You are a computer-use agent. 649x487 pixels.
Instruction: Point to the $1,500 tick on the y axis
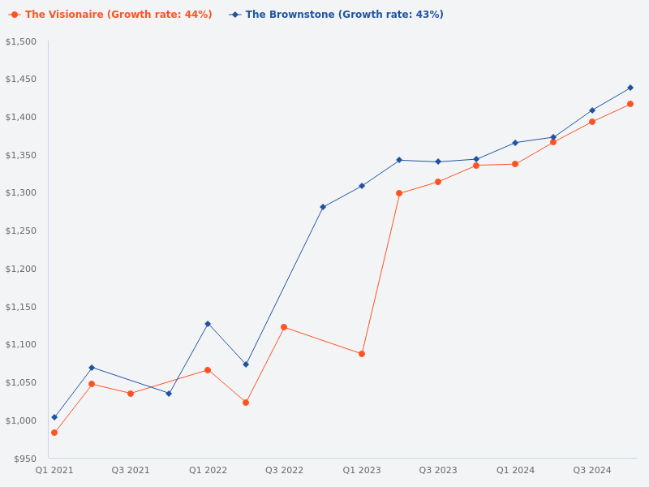pyautogui.click(x=21, y=41)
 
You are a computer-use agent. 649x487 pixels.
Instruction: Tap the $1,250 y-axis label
pyautogui.click(x=21, y=231)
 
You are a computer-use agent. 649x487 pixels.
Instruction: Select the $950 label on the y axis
pyautogui.click(x=24, y=459)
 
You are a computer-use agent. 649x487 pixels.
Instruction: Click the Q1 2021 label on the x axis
pyautogui.click(x=54, y=470)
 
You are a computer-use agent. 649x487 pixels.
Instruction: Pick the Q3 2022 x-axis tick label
pyautogui.click(x=284, y=470)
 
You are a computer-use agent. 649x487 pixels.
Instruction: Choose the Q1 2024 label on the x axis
pyautogui.click(x=515, y=470)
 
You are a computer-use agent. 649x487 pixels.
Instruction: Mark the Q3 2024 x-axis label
pyautogui.click(x=592, y=470)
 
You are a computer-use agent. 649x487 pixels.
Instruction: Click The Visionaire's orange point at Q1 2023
pyautogui.click(x=362, y=354)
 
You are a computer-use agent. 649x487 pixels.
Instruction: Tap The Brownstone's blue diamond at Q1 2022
pyautogui.click(x=208, y=324)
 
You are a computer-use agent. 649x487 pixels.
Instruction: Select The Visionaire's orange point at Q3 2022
pyautogui.click(x=284, y=327)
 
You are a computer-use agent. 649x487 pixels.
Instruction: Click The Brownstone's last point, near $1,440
pyautogui.click(x=630, y=88)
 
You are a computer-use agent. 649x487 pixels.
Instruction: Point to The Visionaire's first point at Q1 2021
pyautogui.click(x=54, y=433)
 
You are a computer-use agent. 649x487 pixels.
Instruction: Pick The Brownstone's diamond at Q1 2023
pyautogui.click(x=362, y=186)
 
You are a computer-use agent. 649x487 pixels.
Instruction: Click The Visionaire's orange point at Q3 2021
pyautogui.click(x=131, y=394)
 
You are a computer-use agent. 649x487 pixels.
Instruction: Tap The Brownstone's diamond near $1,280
pyautogui.click(x=323, y=207)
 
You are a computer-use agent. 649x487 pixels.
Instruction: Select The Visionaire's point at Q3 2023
pyautogui.click(x=438, y=182)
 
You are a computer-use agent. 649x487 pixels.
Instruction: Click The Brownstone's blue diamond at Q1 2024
pyautogui.click(x=515, y=143)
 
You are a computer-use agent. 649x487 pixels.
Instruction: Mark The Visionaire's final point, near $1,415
pyautogui.click(x=630, y=104)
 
